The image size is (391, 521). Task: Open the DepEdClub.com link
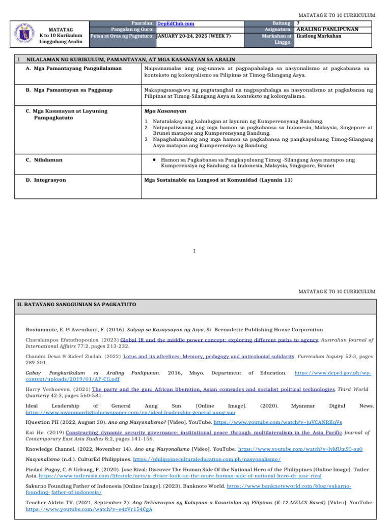pyautogui.click(x=176, y=23)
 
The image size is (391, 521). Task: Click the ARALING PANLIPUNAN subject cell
pyautogui.click(x=328, y=30)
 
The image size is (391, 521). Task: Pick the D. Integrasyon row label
pyautogui.click(x=46, y=180)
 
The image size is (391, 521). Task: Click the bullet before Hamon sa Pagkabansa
pyautogui.click(x=154, y=160)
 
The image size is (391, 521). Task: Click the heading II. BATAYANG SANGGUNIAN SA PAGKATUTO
pyautogui.click(x=77, y=304)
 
